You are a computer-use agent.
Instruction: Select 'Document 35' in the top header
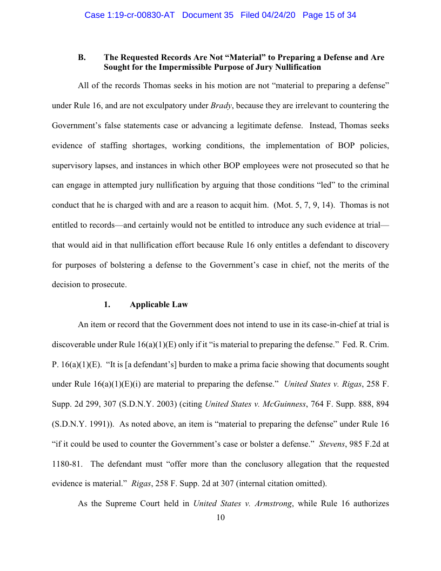(x=208, y=15)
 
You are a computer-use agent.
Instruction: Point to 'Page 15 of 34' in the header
(x=329, y=15)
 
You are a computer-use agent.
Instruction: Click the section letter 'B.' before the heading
(x=82, y=57)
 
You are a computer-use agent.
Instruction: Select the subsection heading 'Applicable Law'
(x=159, y=304)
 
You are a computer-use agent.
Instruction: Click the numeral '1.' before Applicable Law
(x=107, y=304)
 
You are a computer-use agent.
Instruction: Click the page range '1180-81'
(x=68, y=464)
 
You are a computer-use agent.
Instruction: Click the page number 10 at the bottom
(x=220, y=517)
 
